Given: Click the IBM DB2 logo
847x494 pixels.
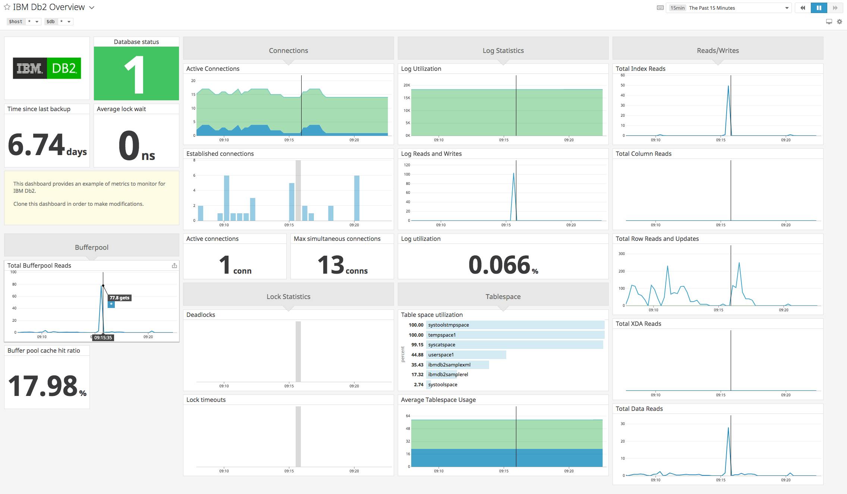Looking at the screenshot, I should point(47,68).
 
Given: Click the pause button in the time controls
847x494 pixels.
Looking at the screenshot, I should point(819,8).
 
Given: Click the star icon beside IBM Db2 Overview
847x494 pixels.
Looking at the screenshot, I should point(7,7).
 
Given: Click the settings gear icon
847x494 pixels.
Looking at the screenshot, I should point(839,22).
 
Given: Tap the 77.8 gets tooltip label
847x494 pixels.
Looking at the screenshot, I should point(119,298).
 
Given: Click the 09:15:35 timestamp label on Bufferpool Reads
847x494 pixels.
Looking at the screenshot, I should point(103,337).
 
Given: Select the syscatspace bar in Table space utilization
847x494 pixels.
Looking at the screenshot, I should point(514,345).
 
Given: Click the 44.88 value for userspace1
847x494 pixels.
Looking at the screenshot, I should point(417,355).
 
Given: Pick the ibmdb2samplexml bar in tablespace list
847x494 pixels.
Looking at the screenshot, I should point(457,365).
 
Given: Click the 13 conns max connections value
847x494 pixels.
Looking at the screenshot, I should point(342,265).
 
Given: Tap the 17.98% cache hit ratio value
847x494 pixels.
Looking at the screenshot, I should point(47,386).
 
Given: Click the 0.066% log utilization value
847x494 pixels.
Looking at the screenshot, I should point(503,265).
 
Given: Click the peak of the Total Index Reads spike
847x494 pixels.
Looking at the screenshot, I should point(728,86).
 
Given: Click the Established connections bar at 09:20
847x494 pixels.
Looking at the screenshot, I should point(357,198).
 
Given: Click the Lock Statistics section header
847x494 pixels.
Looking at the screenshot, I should point(288,296).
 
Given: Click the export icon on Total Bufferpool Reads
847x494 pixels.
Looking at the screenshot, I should point(174,265).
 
